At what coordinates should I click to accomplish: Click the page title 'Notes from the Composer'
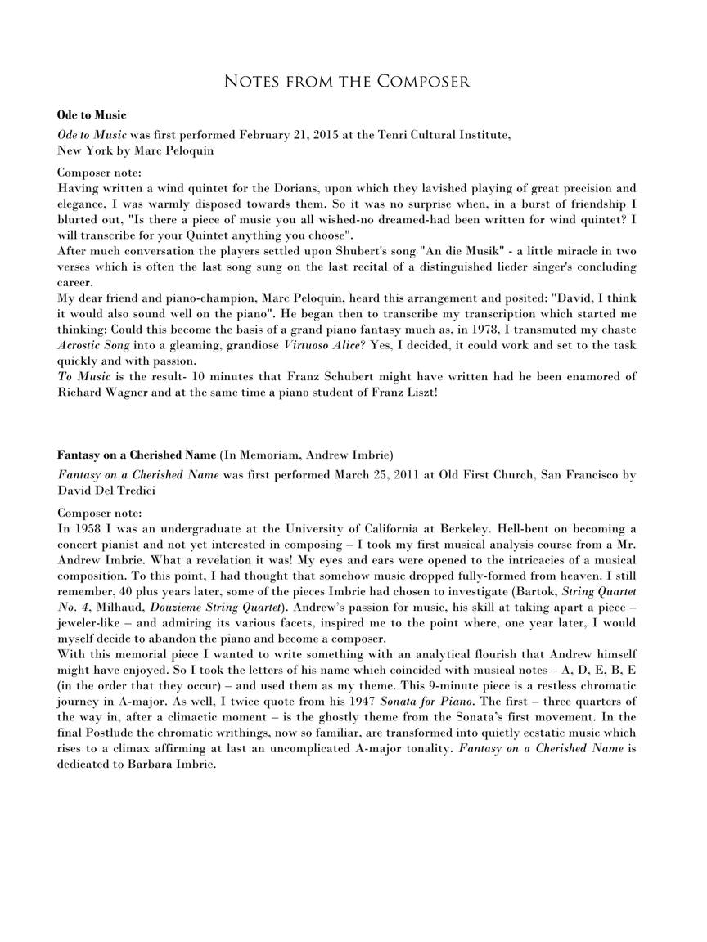pos(347,81)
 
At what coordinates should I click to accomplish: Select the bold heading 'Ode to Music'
pos(92,114)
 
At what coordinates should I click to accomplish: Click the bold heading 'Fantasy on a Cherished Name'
pos(137,455)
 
